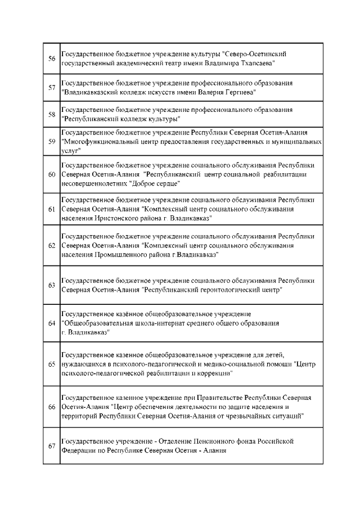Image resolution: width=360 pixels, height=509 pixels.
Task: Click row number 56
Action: (51, 58)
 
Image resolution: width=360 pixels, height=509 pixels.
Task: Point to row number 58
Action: (51, 114)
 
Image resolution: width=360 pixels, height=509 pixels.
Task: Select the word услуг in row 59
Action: (70, 151)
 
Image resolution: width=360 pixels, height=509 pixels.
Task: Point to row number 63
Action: (51, 285)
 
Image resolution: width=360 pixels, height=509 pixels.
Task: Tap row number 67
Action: (51, 446)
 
